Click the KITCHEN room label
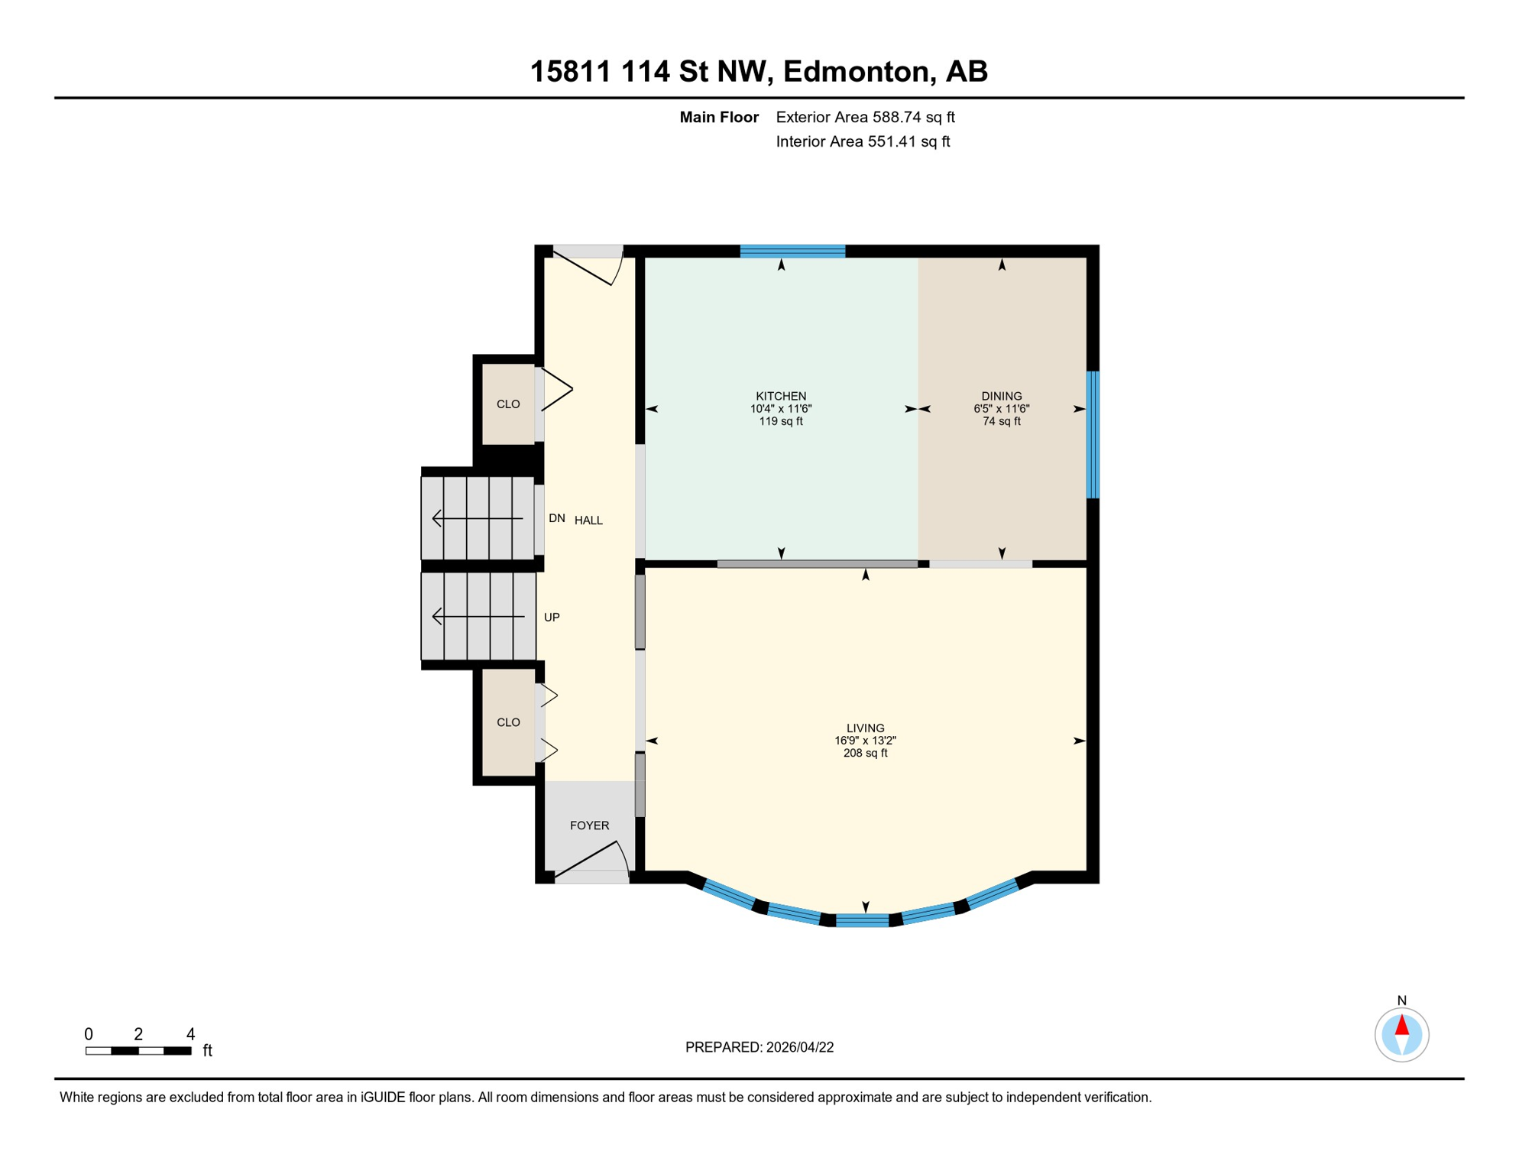click(781, 396)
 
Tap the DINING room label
click(1001, 396)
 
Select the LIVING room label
click(865, 728)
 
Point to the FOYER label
click(589, 825)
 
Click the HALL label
click(588, 521)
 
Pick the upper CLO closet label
click(508, 404)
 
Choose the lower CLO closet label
click(508, 722)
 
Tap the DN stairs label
click(556, 518)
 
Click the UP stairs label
click(552, 618)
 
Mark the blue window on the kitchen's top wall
click(792, 251)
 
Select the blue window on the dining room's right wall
click(1093, 434)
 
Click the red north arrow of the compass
click(1401, 1025)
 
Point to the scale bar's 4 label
click(190, 1034)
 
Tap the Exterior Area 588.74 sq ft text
click(865, 117)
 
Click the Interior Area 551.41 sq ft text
click(863, 141)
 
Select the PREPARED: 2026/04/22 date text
click(759, 1047)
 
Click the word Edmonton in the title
click(859, 71)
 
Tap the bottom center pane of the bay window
click(863, 920)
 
